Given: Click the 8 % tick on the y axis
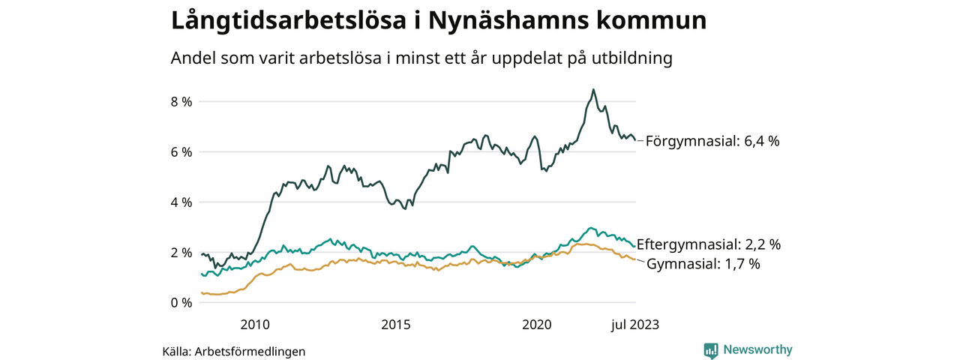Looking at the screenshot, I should (x=182, y=101).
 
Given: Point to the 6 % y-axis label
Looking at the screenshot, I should (x=182, y=151).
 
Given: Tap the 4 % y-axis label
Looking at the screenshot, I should (x=182, y=202).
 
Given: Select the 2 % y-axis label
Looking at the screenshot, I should (x=182, y=252).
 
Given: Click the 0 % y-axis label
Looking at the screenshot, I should (x=182, y=302).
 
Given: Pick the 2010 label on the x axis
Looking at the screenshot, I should (x=255, y=324).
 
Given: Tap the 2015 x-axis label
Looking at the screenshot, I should (x=396, y=324).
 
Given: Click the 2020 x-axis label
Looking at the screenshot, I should (x=537, y=324).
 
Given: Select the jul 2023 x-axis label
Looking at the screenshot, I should (x=634, y=324).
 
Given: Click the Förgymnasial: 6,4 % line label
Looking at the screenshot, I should (x=712, y=141).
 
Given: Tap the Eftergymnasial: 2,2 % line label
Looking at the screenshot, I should (x=709, y=244).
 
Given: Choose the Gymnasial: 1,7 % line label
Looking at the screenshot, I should (x=703, y=264).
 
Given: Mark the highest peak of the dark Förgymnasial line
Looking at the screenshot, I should (x=593, y=89).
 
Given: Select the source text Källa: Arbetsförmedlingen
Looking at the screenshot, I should (x=234, y=351).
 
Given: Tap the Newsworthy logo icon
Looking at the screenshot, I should (x=711, y=350).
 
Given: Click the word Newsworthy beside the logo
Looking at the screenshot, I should (x=757, y=350).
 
